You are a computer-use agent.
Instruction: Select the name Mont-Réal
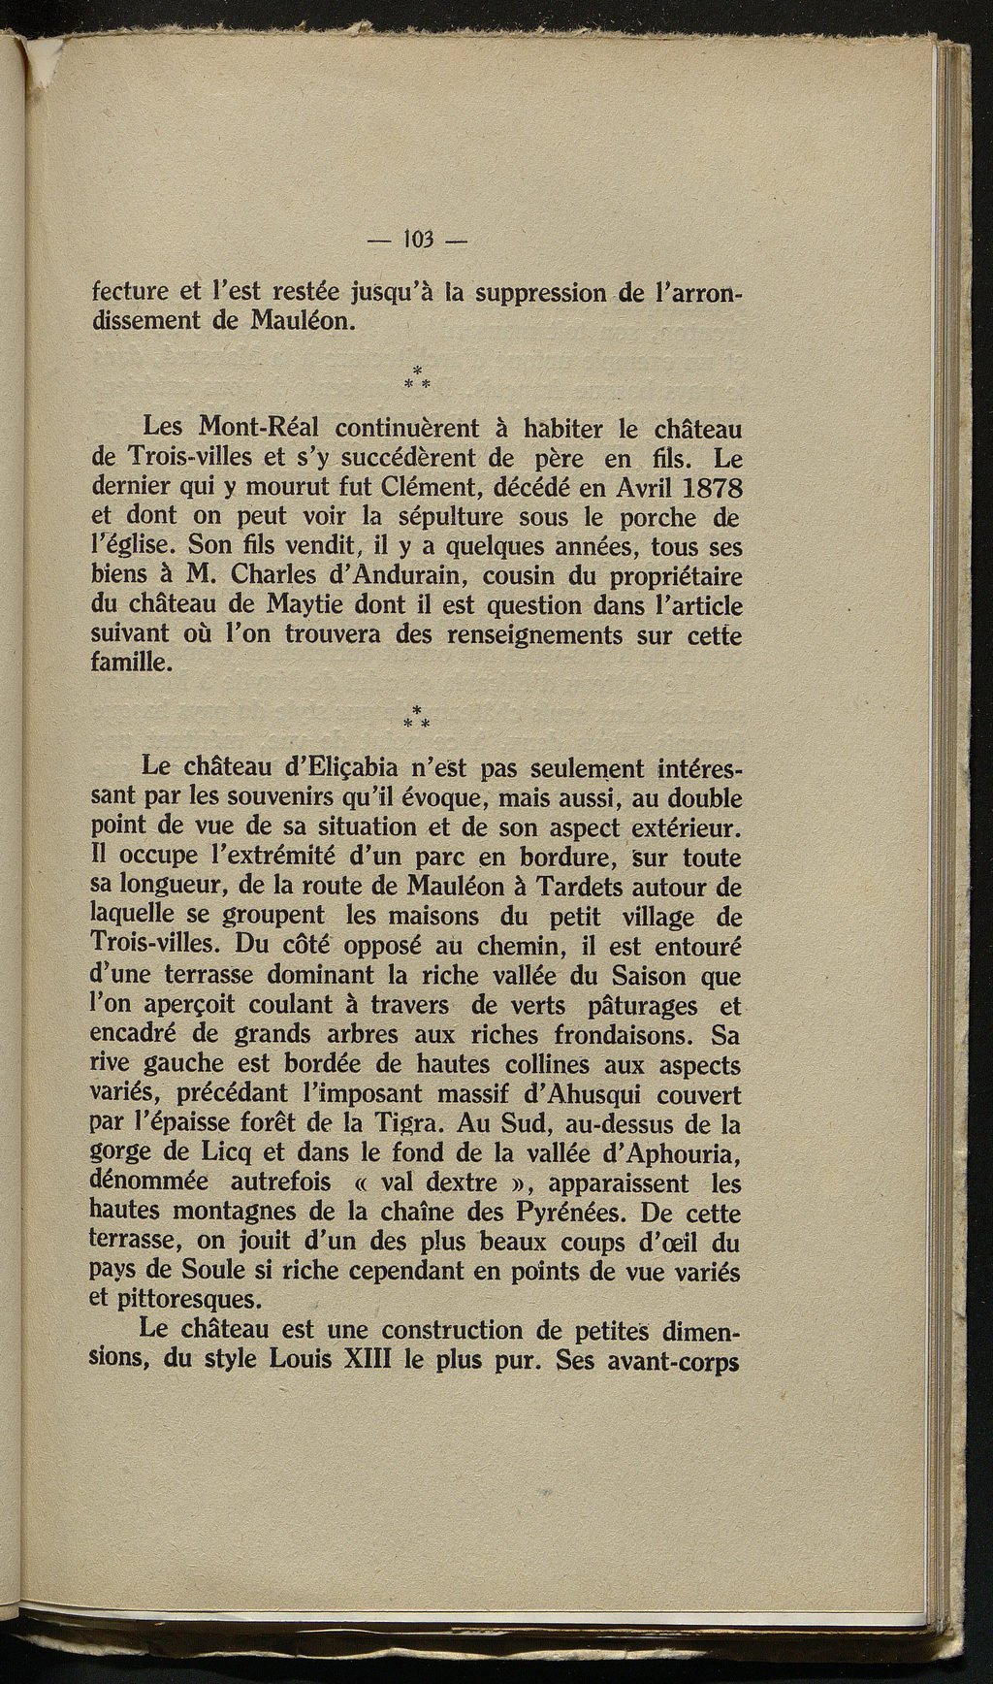pos(257,426)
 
